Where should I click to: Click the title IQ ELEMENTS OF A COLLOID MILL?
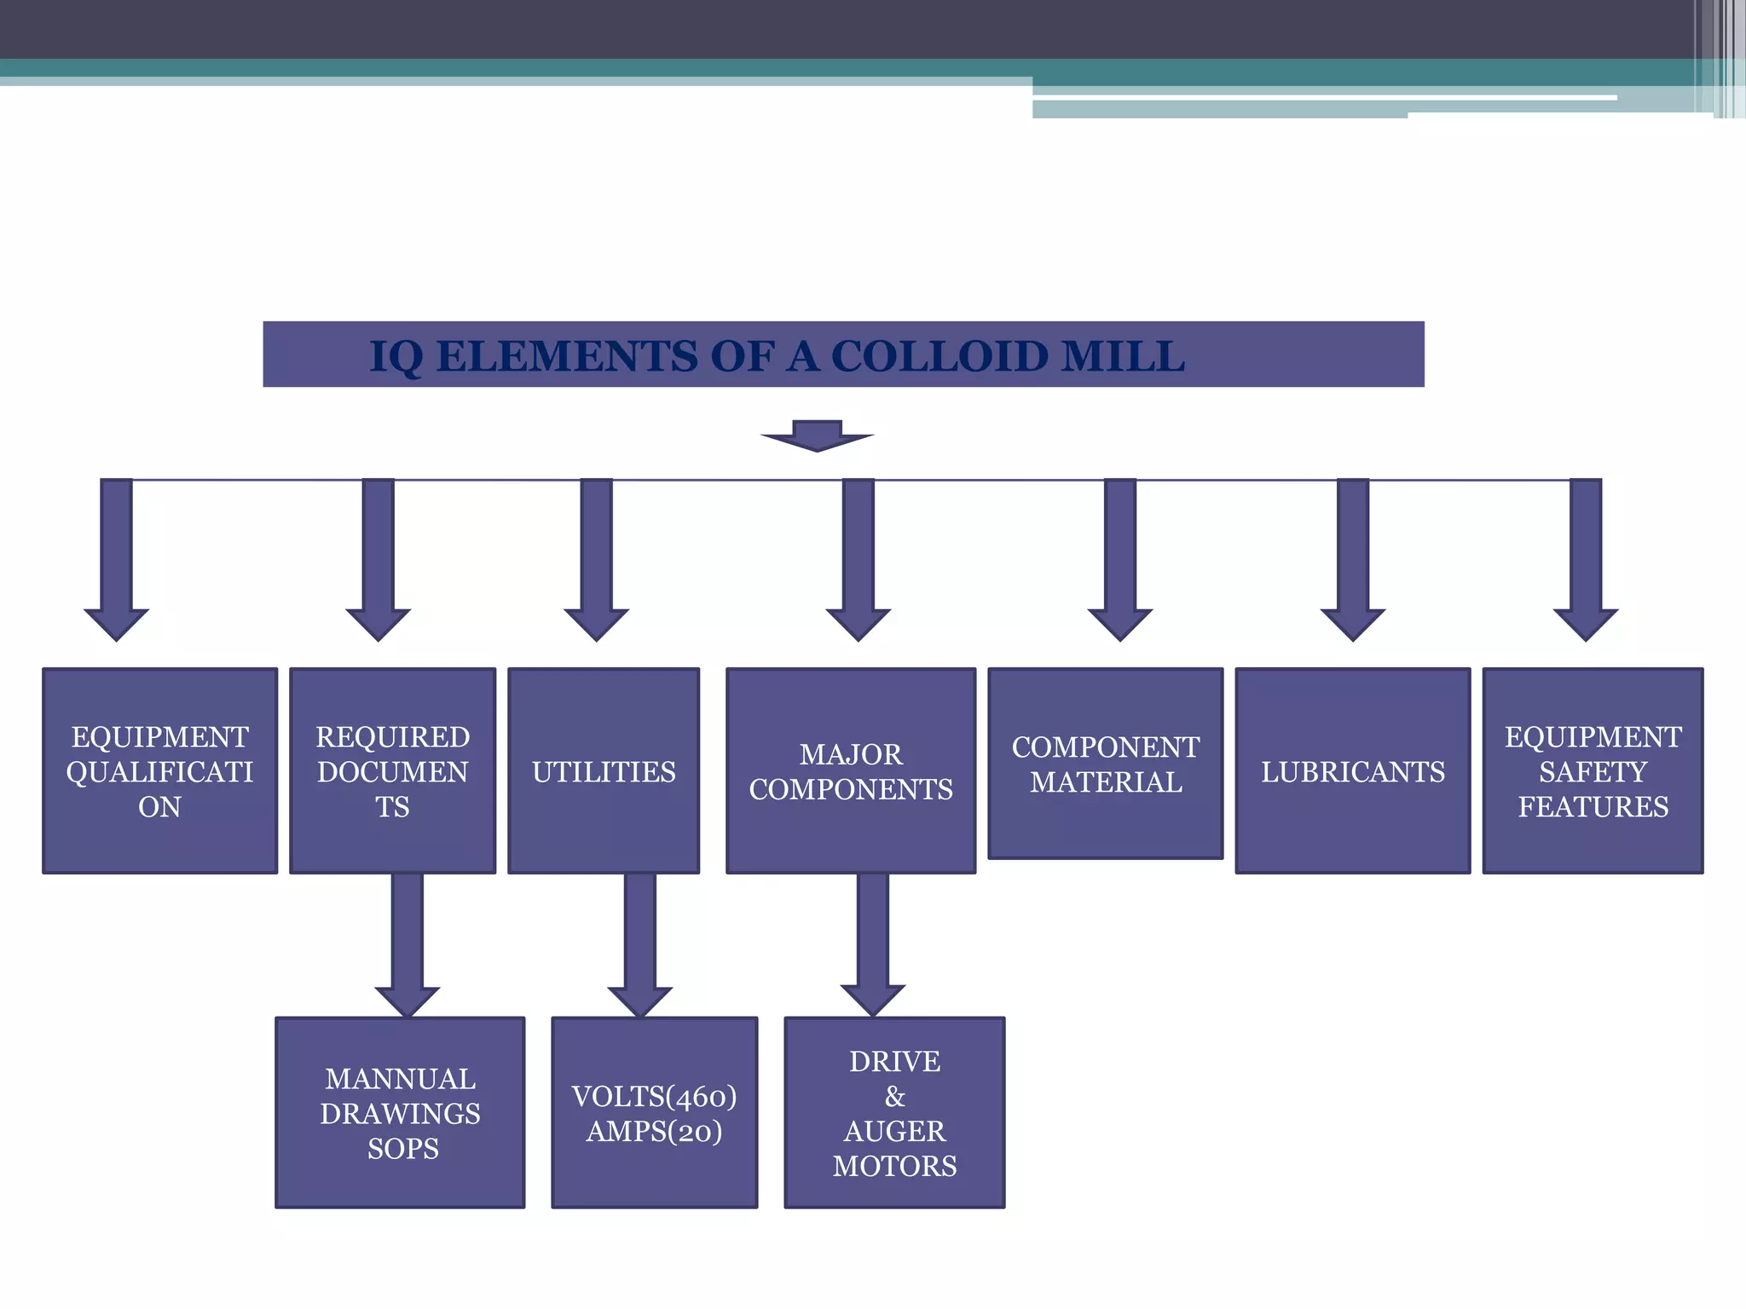coord(776,355)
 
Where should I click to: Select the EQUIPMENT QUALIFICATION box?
coord(160,770)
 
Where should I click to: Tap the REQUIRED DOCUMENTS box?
coord(392,770)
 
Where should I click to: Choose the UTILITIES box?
coord(604,770)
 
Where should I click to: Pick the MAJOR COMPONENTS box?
coord(851,770)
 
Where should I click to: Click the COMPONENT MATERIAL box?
coord(1105,764)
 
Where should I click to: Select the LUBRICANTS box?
coord(1353,770)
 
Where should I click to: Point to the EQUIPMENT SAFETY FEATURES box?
coord(1593,770)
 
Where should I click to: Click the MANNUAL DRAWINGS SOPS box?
coord(400,1112)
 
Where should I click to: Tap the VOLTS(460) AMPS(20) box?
coord(654,1112)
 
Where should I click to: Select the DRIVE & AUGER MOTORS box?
coord(894,1112)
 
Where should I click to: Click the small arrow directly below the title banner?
coord(817,435)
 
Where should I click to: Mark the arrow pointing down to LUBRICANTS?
coord(1353,562)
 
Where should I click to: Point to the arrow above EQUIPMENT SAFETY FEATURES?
coord(1586,562)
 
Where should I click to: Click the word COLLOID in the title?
coord(939,356)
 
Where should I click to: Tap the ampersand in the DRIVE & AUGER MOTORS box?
coord(895,1096)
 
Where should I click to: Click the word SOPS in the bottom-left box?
coord(403,1149)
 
